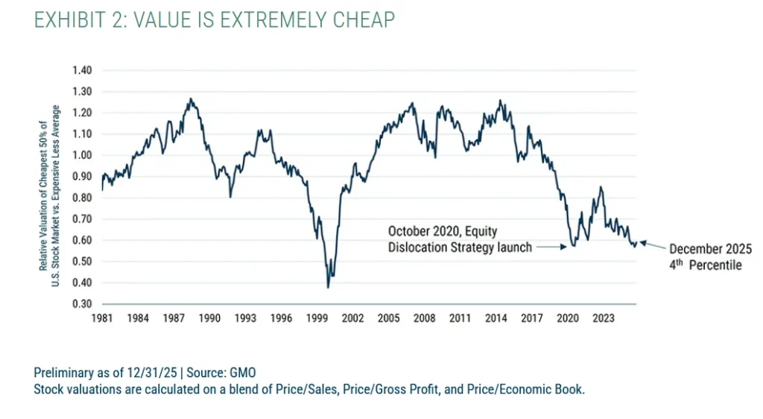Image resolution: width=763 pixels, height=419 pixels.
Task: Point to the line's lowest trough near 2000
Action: pos(328,287)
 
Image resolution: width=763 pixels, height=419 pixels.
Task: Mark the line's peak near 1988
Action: pos(191,98)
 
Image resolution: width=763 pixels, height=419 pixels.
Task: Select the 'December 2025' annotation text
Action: pos(710,249)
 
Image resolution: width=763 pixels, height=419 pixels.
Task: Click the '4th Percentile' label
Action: pos(705,265)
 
